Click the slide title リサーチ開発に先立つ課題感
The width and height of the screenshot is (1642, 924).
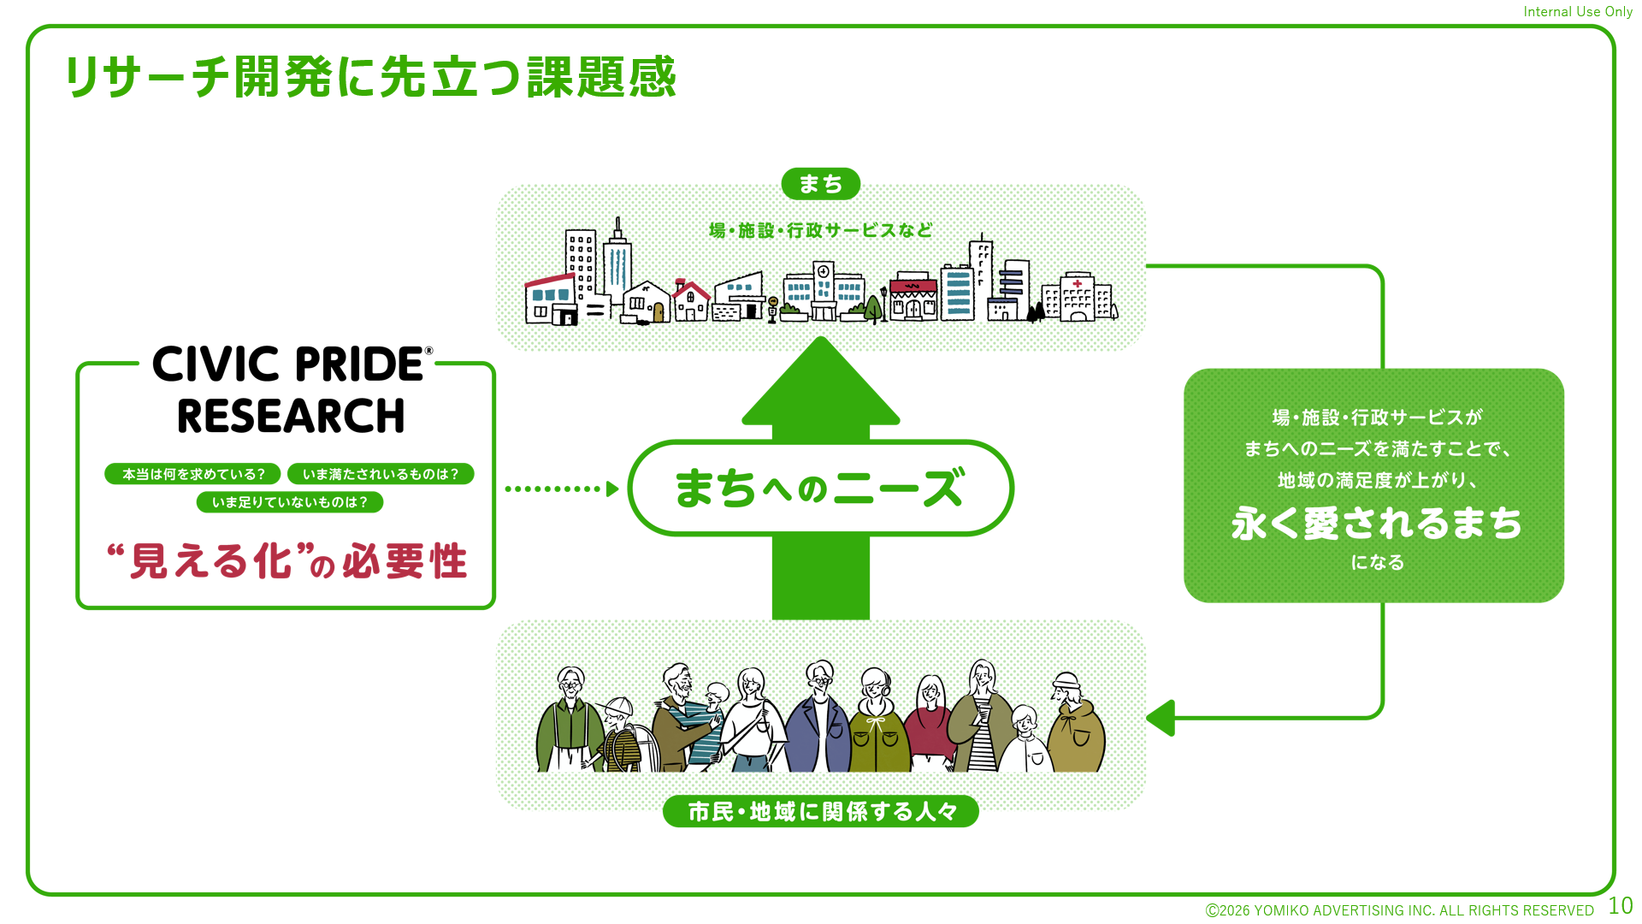(370, 77)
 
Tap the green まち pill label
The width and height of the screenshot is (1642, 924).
(821, 184)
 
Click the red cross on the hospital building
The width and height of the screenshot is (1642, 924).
(1078, 283)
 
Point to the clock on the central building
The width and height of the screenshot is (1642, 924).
(823, 271)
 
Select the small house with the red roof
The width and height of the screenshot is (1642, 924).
(690, 300)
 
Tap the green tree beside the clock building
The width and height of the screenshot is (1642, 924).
(873, 307)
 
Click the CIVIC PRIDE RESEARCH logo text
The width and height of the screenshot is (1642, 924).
(292, 390)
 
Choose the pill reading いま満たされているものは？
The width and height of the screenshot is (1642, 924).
(381, 474)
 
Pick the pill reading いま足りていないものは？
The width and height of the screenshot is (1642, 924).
(290, 502)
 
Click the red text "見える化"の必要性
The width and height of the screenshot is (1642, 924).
(287, 561)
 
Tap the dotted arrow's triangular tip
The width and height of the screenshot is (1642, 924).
(612, 489)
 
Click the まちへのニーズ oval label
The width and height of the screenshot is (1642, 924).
(821, 488)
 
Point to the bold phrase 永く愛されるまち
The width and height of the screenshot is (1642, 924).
(1376, 523)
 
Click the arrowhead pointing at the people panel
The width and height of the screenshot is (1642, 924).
(1160, 718)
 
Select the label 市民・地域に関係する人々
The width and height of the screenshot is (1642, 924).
(821, 811)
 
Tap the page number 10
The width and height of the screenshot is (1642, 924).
(1621, 906)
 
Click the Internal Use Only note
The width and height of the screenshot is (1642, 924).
(1578, 12)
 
